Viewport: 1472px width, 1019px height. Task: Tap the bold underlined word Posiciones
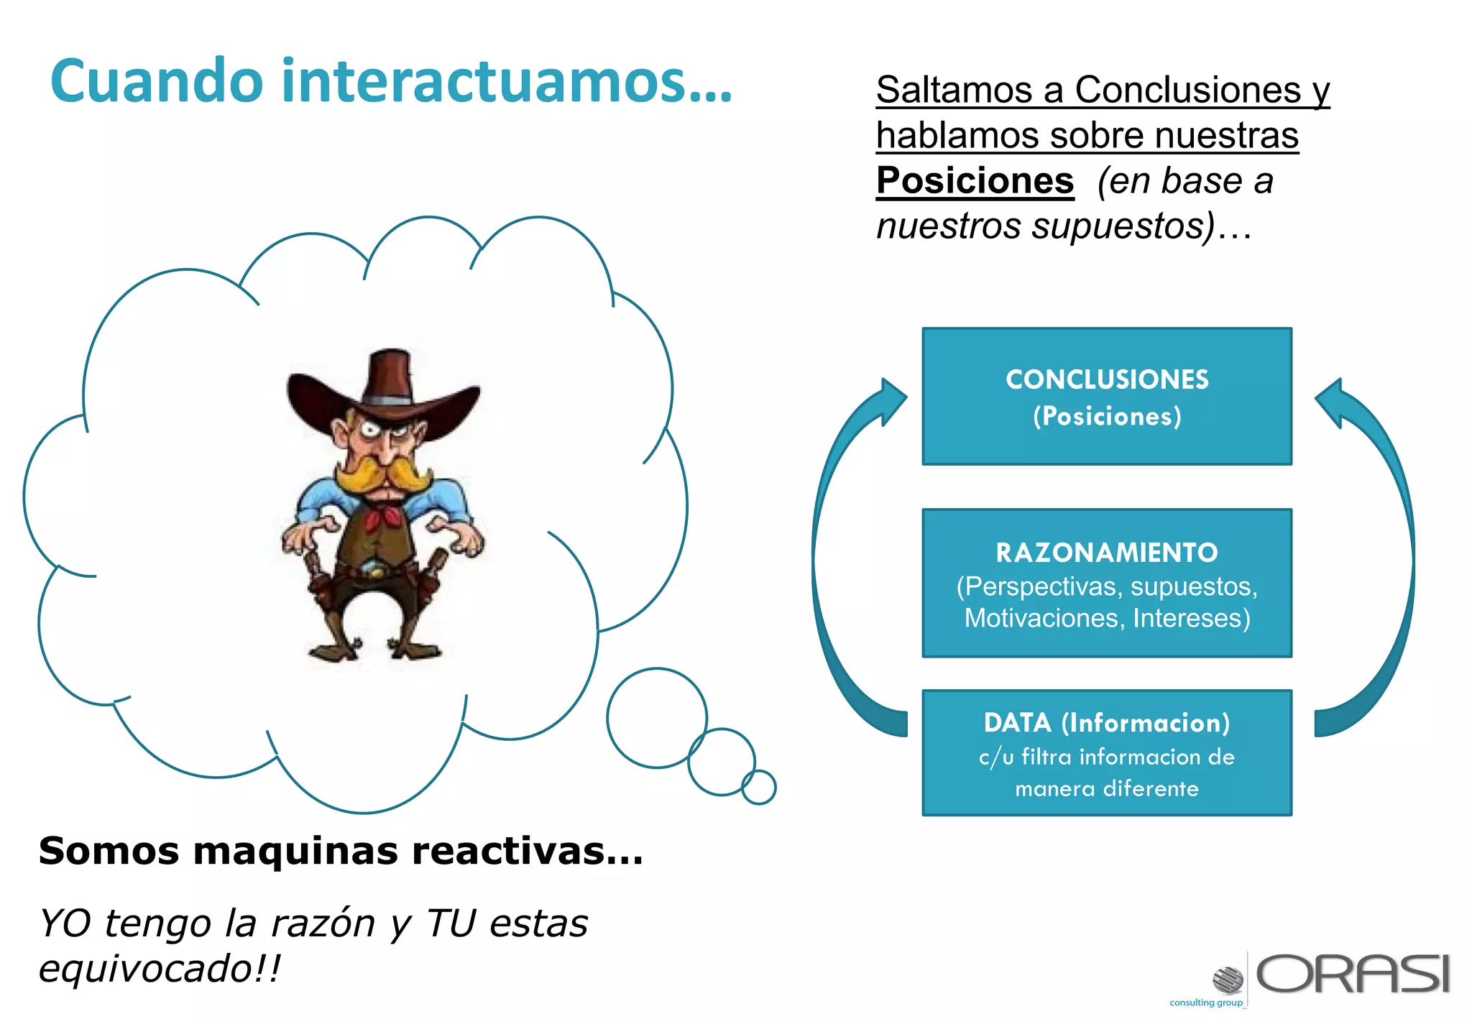click(x=975, y=180)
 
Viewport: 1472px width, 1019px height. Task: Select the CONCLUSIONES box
click(x=1107, y=397)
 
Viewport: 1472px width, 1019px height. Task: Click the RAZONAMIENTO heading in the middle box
click(x=1107, y=553)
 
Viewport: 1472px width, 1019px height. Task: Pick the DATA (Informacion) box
click(x=1107, y=752)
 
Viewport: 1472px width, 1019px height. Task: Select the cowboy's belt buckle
click(x=374, y=572)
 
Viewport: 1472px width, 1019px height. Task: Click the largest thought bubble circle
click(x=656, y=718)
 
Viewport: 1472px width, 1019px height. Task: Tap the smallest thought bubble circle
click(x=759, y=787)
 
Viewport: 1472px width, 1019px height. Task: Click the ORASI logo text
click(x=1353, y=974)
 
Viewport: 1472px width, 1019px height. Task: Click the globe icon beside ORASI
click(x=1228, y=979)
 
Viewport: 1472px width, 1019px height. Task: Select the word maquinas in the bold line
click(x=295, y=852)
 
